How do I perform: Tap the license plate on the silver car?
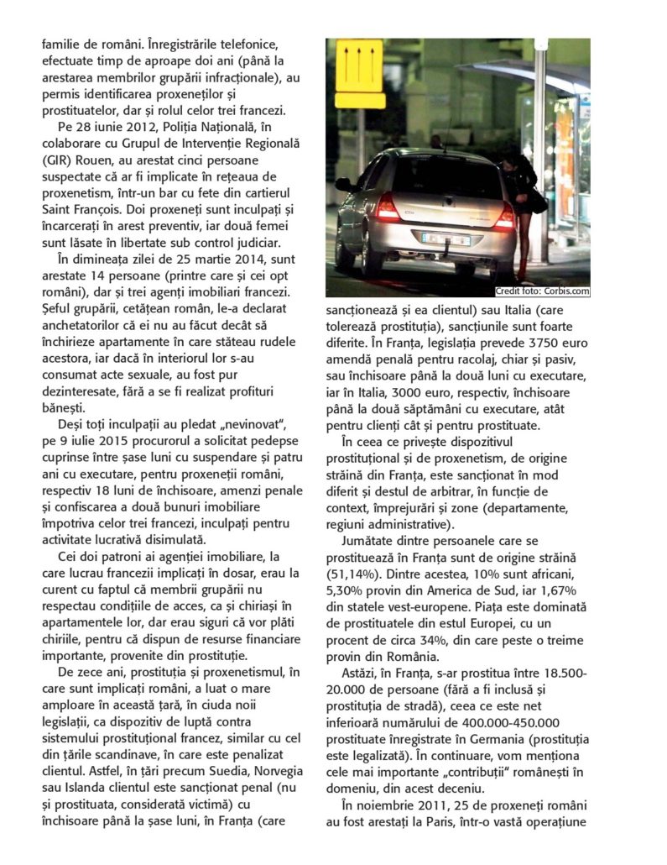coord(445,239)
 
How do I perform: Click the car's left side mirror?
coord(342,183)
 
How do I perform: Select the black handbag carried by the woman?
coord(537,202)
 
